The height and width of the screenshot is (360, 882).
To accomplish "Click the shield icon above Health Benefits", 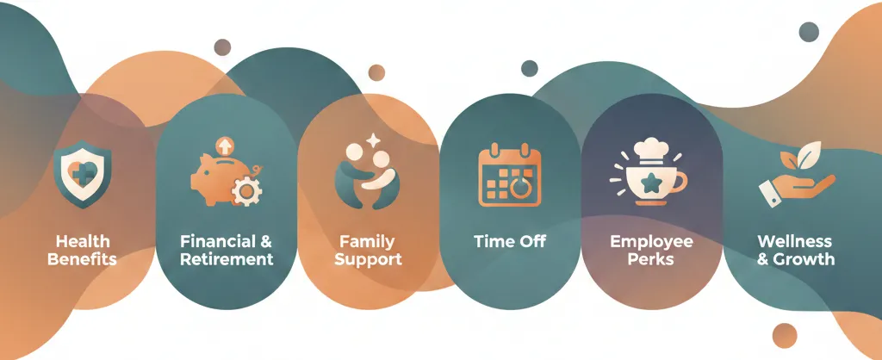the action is pyautogui.click(x=83, y=174).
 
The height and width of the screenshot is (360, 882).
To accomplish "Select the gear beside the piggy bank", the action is pyautogui.click(x=246, y=190).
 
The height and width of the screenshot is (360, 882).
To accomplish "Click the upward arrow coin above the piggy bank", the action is pyautogui.click(x=225, y=146).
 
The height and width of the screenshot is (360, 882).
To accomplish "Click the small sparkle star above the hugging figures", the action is pyautogui.click(x=372, y=140).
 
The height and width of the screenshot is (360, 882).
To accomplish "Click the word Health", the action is pyautogui.click(x=83, y=241).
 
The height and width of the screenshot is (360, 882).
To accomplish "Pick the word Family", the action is pyautogui.click(x=367, y=242).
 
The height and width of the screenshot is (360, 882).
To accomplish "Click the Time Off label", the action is pyautogui.click(x=510, y=242).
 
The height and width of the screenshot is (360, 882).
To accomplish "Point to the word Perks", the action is pyautogui.click(x=651, y=258).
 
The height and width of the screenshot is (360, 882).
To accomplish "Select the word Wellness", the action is pyautogui.click(x=795, y=241).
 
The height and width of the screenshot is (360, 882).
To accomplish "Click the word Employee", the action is pyautogui.click(x=651, y=242).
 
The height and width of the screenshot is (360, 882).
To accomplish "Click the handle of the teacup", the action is pyautogui.click(x=678, y=182).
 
